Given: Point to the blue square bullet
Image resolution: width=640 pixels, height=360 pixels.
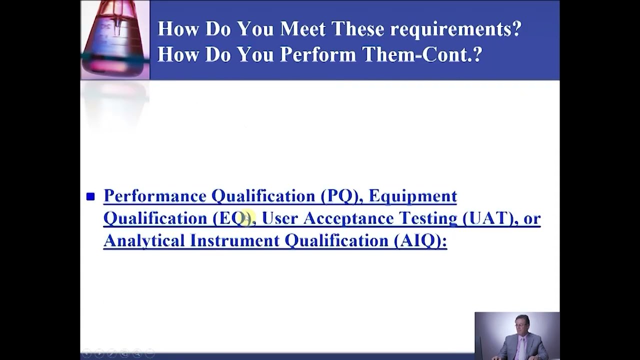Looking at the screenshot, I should click(x=90, y=196).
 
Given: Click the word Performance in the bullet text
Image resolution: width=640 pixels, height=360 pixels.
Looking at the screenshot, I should click(x=155, y=196).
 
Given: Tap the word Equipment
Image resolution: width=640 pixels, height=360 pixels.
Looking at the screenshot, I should click(x=413, y=196).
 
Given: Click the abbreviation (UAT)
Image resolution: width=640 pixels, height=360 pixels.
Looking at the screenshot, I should click(x=489, y=218).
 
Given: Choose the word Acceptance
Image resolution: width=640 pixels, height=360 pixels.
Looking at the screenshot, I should click(x=348, y=219).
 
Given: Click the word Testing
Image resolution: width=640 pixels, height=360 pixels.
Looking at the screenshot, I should click(x=428, y=219).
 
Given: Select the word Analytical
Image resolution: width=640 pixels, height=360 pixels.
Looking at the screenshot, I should click(x=144, y=240).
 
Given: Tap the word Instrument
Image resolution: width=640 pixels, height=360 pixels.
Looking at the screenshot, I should click(x=234, y=240).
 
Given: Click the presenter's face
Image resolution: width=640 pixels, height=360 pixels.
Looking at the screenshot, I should click(x=521, y=325).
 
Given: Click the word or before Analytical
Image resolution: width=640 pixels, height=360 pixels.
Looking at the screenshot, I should click(x=532, y=219).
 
